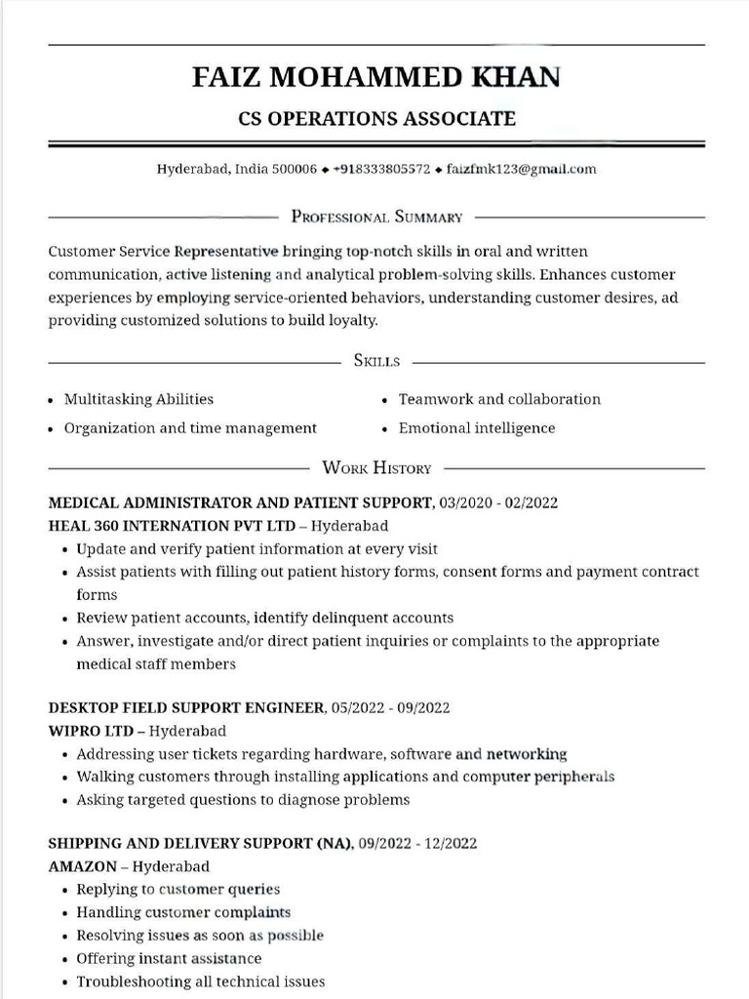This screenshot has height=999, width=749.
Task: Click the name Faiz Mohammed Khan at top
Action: click(x=376, y=76)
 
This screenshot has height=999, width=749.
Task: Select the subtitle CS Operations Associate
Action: click(x=376, y=119)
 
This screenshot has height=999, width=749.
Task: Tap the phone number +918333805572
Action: click(x=381, y=169)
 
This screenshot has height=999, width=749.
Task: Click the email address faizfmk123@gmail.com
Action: click(x=521, y=169)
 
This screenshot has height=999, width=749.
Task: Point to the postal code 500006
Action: click(x=295, y=169)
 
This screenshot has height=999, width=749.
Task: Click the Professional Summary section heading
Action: click(x=376, y=217)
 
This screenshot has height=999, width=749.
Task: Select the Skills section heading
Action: click(x=376, y=361)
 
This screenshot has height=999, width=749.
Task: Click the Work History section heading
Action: click(x=376, y=468)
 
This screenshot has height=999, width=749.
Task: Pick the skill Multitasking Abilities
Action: click(x=138, y=399)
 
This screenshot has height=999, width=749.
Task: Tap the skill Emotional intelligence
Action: click(x=477, y=428)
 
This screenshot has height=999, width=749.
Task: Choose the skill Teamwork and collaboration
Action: click(x=499, y=399)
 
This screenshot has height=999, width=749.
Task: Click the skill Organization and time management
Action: click(x=190, y=428)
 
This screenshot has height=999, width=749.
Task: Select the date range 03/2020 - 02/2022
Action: click(x=499, y=503)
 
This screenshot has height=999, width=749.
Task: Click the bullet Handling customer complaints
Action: click(x=183, y=913)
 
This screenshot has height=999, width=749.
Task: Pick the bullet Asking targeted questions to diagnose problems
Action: click(x=243, y=800)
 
